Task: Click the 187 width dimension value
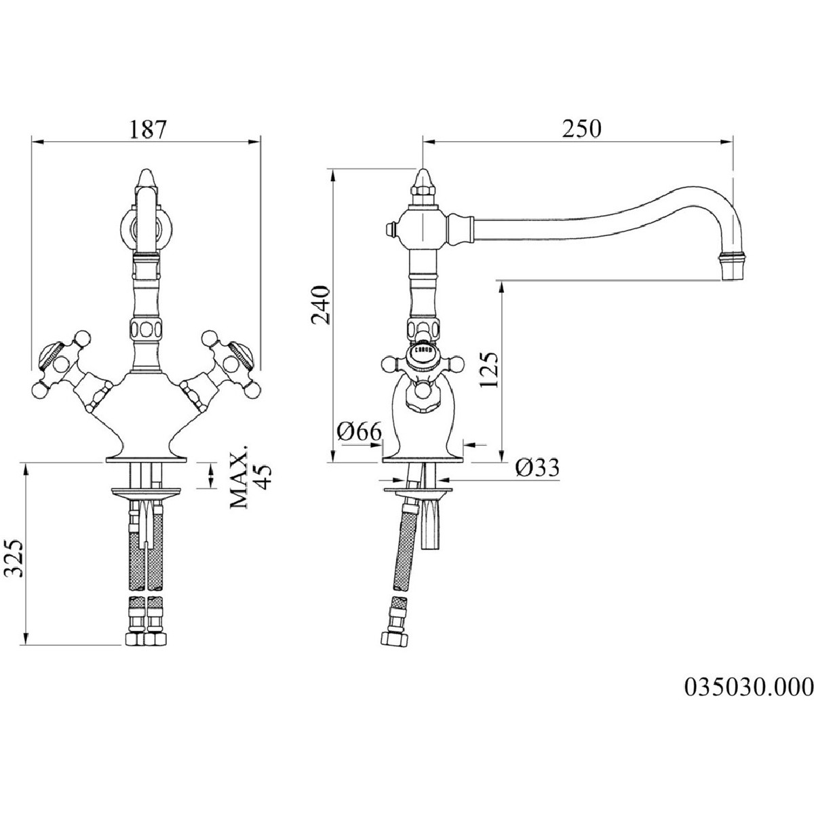147,130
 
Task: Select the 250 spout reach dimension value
581,130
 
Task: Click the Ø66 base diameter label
360,431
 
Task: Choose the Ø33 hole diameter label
537,467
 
